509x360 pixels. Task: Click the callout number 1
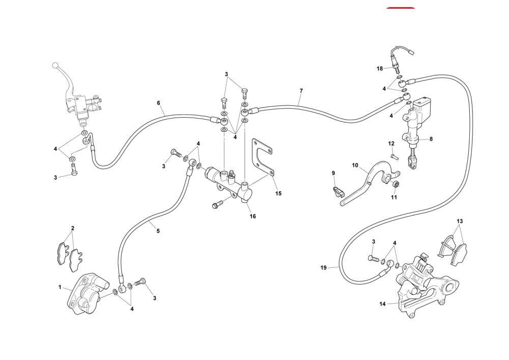coord(60,288)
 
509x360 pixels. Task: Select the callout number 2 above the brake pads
coord(73,228)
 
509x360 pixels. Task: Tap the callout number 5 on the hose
coord(158,231)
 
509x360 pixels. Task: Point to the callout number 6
coord(158,103)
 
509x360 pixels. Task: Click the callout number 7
coord(301,91)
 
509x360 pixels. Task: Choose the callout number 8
coord(431,139)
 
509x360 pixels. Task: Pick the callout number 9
coord(333,173)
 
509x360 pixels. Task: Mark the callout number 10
coord(355,165)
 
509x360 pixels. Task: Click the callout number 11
coord(393,198)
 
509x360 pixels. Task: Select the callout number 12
coord(391,144)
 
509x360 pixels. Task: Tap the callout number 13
coord(460,221)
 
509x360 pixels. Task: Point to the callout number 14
coord(382,304)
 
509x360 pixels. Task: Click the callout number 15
coord(278,193)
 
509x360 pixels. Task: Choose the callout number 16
coord(252,216)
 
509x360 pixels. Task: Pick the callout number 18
coord(380,68)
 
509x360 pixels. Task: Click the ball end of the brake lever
coord(54,66)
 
